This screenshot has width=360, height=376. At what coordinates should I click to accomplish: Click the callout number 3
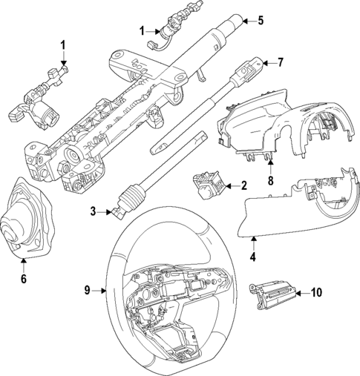click(94, 212)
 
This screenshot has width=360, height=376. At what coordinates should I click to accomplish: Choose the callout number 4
click(252, 259)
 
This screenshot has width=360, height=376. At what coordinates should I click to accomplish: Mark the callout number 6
click(23, 279)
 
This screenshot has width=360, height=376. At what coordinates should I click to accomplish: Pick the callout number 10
click(316, 292)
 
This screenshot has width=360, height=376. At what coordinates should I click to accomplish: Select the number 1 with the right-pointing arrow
click(142, 30)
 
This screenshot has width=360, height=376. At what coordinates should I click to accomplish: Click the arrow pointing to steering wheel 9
click(105, 290)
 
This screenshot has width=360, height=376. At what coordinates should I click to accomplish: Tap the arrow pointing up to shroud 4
click(252, 243)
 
